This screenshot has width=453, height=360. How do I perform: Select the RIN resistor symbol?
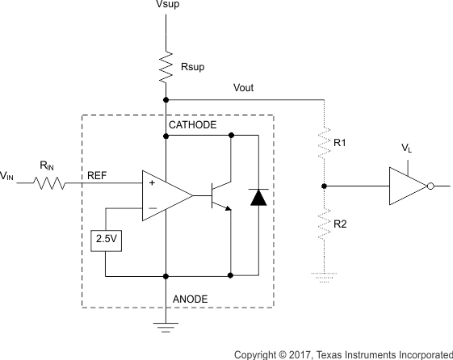50,184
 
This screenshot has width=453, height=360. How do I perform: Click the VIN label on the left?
6,175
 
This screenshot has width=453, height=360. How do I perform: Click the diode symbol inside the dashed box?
258,196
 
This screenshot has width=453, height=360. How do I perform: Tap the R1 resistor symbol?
324,144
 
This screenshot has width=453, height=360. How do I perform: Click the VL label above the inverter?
407,149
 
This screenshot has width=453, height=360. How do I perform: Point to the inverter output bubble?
431,186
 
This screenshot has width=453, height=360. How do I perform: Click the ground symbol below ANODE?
166,327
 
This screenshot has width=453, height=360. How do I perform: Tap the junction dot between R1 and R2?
324,186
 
